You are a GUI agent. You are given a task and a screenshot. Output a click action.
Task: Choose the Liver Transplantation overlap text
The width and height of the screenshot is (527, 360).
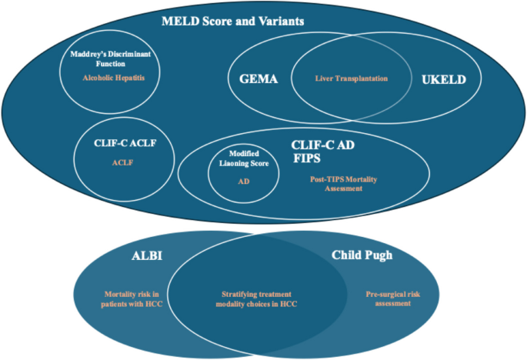click(x=351, y=78)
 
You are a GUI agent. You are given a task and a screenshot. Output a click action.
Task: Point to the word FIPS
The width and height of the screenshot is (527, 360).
click(x=306, y=157)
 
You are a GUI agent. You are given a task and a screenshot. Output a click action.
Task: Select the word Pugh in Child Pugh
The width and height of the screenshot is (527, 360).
click(x=379, y=255)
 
